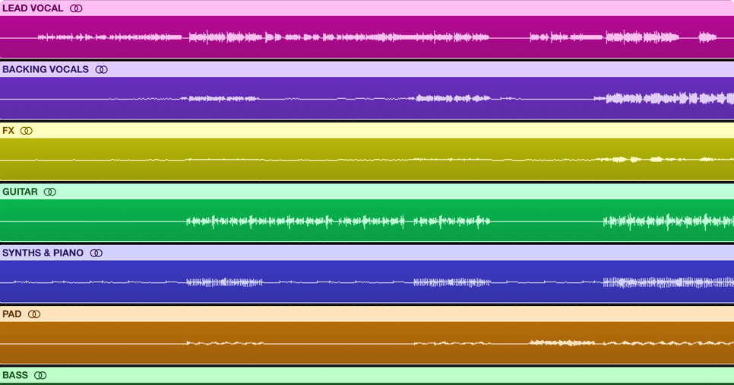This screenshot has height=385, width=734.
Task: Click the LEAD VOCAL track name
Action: [x=33, y=8]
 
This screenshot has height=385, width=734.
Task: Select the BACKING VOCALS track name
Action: [x=45, y=69]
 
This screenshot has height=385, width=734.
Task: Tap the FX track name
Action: [x=8, y=131]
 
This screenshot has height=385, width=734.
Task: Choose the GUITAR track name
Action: [x=20, y=192]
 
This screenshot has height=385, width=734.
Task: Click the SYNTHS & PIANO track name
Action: [x=43, y=253]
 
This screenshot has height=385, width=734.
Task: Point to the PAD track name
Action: [x=11, y=313]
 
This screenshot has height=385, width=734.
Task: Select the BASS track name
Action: [x=15, y=375]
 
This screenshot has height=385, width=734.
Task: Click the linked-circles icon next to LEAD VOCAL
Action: [x=76, y=8]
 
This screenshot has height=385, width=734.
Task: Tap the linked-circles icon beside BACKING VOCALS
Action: [x=101, y=69]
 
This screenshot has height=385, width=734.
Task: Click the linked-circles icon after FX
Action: [x=27, y=131]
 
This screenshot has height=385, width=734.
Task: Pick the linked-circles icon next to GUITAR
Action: [x=50, y=192]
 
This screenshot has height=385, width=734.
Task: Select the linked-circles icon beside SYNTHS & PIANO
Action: [x=96, y=253]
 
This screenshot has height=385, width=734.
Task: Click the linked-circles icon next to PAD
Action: [x=34, y=313]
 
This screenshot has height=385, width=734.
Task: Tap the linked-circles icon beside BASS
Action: [x=41, y=375]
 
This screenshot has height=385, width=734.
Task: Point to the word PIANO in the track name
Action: [x=68, y=253]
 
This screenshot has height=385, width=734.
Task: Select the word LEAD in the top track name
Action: [x=14, y=8]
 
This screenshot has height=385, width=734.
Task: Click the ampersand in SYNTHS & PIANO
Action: [x=46, y=253]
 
